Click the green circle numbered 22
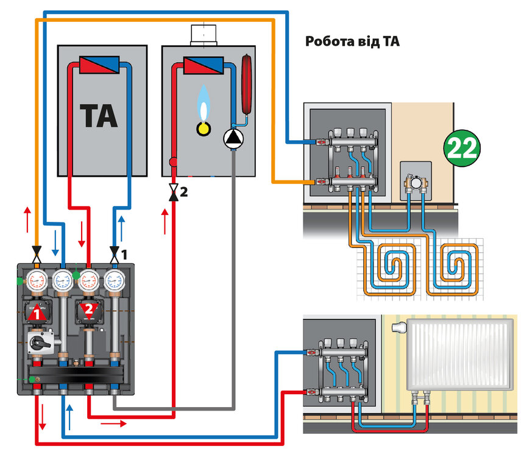tap(462, 147)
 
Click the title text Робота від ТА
tap(352, 42)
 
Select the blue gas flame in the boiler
tap(202, 104)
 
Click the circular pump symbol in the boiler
tap(233, 140)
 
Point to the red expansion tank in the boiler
tap(247, 83)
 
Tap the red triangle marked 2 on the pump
tap(89, 310)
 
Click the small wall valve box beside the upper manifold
tap(416, 181)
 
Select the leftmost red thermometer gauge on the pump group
tap(38, 280)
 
